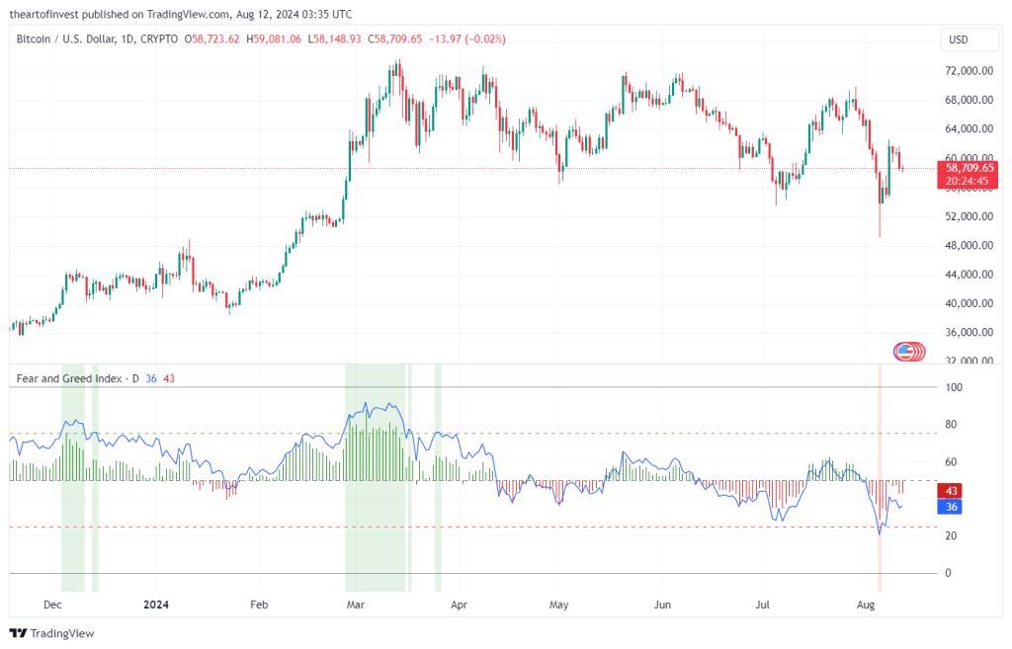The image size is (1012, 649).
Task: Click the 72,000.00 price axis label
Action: [970, 71]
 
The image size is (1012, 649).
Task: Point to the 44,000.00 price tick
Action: [970, 274]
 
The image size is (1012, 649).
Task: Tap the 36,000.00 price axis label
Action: [970, 332]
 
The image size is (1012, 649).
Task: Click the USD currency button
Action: [958, 41]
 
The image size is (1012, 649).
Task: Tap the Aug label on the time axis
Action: [867, 604]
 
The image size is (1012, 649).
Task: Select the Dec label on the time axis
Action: [53, 604]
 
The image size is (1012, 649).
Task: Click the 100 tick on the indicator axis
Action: [954, 387]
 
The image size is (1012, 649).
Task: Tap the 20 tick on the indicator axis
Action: [951, 535]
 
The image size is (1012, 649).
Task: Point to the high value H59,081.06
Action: [275, 39]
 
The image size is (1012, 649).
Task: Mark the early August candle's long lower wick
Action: [880, 222]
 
